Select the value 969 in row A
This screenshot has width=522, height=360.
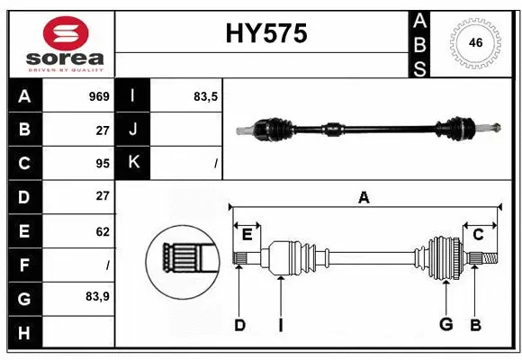tap(99, 96)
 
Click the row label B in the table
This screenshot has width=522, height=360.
tap(23, 129)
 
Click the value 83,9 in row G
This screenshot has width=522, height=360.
tap(98, 296)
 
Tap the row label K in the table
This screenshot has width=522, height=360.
tap(133, 163)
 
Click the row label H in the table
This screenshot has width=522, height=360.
tap(23, 332)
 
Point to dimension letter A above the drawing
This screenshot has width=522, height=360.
tap(364, 198)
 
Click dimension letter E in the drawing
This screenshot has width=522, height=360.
tap(247, 235)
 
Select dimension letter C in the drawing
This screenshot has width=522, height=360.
tap(478, 235)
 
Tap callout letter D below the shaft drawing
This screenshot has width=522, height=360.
tap(239, 325)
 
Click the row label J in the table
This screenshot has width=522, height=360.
tap(133, 129)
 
